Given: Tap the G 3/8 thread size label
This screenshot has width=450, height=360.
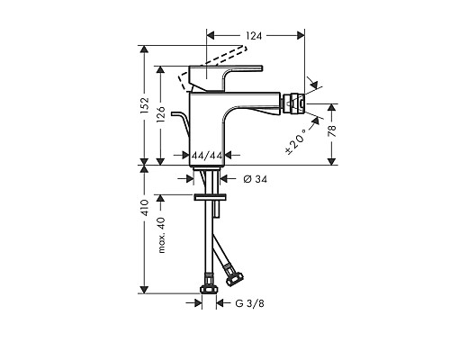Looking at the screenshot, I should pos(249,305).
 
